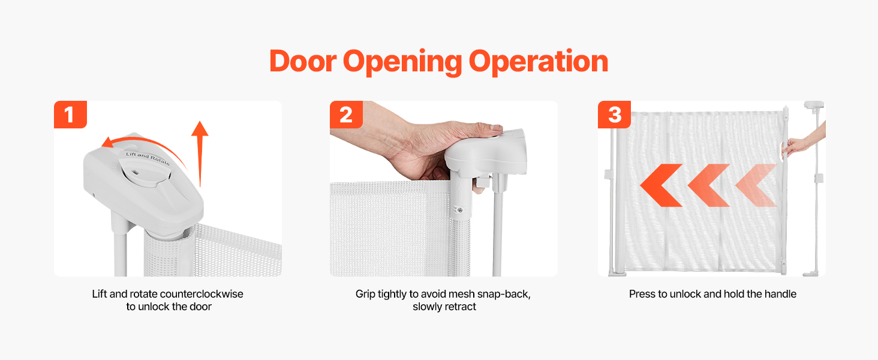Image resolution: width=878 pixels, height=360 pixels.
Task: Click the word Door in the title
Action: click(303, 61)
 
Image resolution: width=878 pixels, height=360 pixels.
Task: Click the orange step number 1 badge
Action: click(70, 115)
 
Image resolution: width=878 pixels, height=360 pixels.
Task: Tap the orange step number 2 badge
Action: click(345, 115)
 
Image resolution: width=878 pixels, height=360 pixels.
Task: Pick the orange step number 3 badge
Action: click(614, 115)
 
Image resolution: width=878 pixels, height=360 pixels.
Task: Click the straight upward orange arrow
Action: click(200, 154)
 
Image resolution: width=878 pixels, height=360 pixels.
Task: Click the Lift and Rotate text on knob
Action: click(148, 158)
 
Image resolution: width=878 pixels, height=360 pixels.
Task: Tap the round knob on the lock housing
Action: click(145, 169)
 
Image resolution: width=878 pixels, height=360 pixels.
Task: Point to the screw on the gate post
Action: click(460, 211)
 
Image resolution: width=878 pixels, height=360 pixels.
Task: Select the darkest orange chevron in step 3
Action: click(661, 185)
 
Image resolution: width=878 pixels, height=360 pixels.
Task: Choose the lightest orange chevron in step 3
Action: click(756, 185)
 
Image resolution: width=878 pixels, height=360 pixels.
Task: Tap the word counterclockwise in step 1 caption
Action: click(202, 294)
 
